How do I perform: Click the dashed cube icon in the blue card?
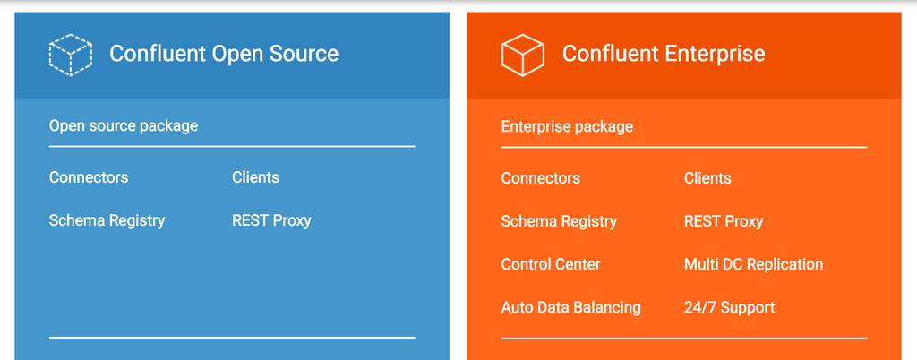[x=71, y=54]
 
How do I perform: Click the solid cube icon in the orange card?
[x=523, y=54]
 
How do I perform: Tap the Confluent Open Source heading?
[x=224, y=54]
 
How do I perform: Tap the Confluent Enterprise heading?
[x=664, y=54]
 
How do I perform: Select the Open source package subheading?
[x=124, y=125]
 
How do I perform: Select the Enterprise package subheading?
[x=567, y=126]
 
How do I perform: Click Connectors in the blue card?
[x=89, y=177]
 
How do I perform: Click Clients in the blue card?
[x=255, y=177]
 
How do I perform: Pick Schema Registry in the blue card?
[x=107, y=220]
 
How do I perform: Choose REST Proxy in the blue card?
[x=271, y=220]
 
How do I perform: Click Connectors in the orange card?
[x=541, y=178]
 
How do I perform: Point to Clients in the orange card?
[x=707, y=178]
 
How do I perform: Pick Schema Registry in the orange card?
[x=559, y=221]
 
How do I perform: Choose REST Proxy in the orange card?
[x=724, y=221]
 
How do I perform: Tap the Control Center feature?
[x=551, y=264]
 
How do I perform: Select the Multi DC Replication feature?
[x=753, y=264]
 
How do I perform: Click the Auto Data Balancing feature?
[x=570, y=307]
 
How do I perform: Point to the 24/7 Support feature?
[x=729, y=307]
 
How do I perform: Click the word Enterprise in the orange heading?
[x=714, y=54]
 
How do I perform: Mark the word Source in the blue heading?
[x=304, y=54]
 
